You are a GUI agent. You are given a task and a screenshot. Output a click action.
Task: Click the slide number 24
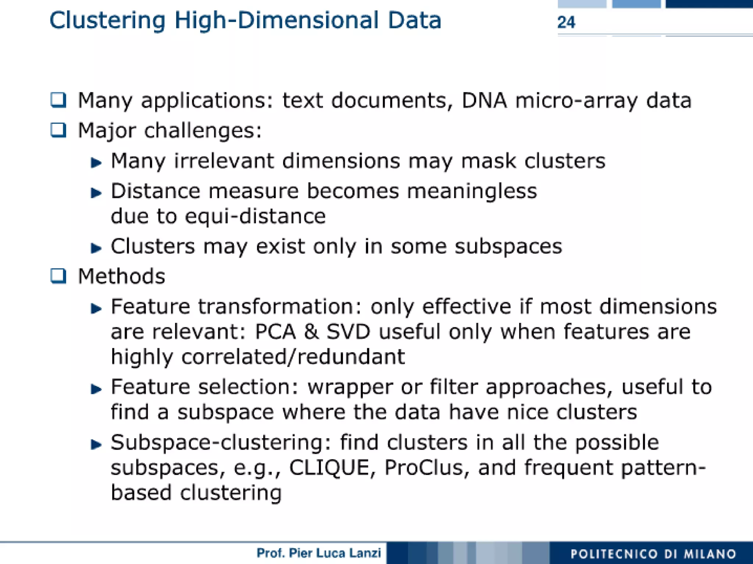(566, 22)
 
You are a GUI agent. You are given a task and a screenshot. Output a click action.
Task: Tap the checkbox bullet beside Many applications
(58, 100)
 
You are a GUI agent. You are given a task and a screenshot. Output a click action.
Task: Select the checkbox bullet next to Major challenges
(58, 130)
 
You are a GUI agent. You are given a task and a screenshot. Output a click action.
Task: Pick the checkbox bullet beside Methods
(58, 276)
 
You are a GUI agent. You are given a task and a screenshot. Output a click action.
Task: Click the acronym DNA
(484, 100)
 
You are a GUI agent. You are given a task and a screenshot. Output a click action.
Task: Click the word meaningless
(472, 192)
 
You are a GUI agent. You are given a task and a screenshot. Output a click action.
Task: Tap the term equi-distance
(255, 216)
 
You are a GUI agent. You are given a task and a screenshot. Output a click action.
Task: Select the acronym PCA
(275, 332)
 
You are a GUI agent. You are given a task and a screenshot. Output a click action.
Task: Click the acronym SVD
(348, 332)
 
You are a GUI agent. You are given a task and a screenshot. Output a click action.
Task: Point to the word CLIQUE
(329, 468)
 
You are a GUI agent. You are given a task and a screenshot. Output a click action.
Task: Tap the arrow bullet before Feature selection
(96, 389)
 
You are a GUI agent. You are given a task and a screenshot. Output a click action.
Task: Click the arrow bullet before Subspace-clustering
(96, 445)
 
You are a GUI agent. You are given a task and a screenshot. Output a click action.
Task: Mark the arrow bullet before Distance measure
(96, 193)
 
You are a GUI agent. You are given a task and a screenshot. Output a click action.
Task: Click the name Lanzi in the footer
(365, 553)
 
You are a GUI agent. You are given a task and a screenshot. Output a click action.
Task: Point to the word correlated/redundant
(293, 357)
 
